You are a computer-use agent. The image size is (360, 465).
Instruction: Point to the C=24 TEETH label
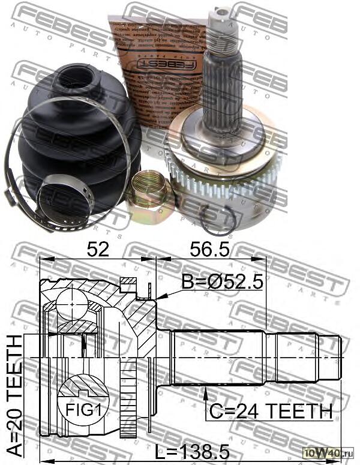point(270,412)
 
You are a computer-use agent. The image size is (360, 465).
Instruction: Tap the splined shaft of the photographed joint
point(223,90)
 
